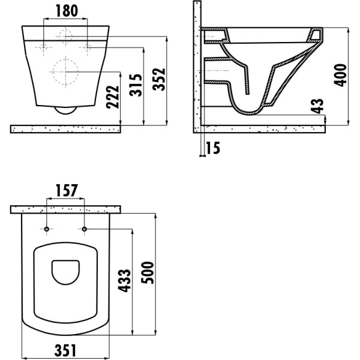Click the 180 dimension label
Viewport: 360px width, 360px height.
tap(67, 11)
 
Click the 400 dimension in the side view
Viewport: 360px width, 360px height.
tap(341, 75)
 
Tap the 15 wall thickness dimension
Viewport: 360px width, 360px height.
tap(213, 148)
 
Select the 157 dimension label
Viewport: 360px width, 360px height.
tap(67, 191)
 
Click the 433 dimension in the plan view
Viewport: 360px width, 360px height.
tap(124, 280)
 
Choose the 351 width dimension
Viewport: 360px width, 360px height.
tap(67, 349)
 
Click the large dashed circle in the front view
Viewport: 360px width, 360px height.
tap(67, 73)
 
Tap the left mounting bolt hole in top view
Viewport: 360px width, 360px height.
tap(46, 229)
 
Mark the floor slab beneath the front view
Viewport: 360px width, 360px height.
tap(67, 128)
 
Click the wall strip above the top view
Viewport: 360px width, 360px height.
tap(67, 209)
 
